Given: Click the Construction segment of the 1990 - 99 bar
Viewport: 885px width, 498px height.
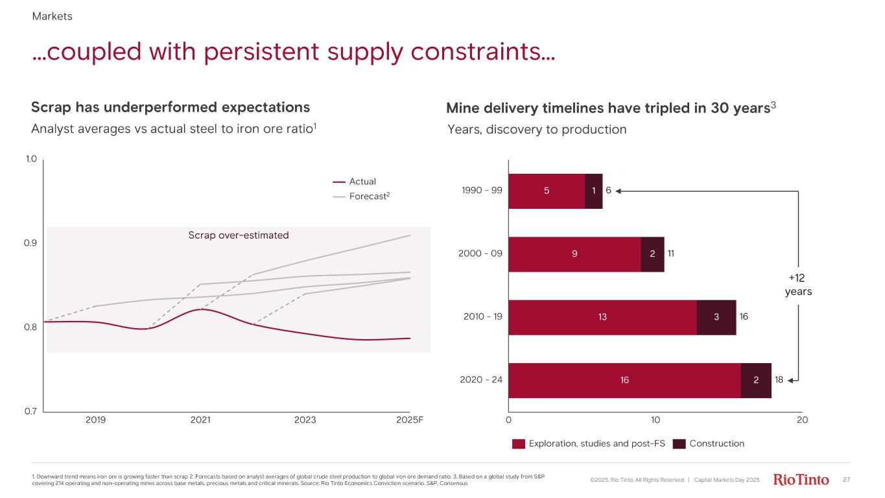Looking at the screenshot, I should [593, 191].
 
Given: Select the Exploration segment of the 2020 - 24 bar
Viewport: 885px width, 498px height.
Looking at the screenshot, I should [624, 381].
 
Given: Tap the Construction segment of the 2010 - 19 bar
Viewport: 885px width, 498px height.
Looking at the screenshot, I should [716, 317].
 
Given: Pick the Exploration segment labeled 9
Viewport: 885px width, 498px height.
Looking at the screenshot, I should [574, 254].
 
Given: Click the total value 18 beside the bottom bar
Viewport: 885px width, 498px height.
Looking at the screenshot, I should [781, 381].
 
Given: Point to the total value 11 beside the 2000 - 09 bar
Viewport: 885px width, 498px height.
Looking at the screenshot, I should [672, 254].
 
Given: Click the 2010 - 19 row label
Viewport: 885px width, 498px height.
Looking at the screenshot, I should [483, 317].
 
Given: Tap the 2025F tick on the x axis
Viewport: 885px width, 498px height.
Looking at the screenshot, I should [410, 419].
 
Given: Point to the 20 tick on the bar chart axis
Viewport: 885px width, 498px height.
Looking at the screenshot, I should [802, 419].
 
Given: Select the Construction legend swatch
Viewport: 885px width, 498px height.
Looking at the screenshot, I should [679, 444].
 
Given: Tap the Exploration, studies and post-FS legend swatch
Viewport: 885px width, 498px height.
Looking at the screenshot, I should [518, 444].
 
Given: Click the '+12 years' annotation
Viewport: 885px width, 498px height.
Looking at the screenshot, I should [798, 285].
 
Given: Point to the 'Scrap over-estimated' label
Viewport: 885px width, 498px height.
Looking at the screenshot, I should [238, 235].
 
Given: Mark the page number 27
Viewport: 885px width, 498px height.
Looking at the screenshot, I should [845, 480].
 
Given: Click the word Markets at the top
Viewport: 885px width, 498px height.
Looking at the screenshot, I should [52, 17].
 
